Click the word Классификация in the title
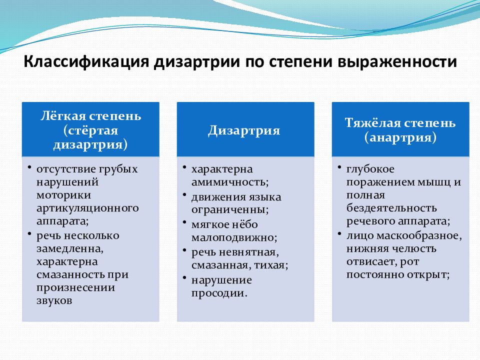pyautogui.click(x=86, y=62)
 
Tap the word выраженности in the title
pyautogui.click(x=397, y=62)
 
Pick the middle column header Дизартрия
pyautogui.click(x=244, y=130)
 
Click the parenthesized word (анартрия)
pyautogui.click(x=400, y=137)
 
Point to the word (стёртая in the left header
pyautogui.click(x=90, y=130)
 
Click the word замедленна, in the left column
pyautogui.click(x=70, y=248)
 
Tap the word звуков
pyautogui.click(x=54, y=300)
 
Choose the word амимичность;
pyautogui.click(x=230, y=182)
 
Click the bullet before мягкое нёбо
pyautogui.click(x=184, y=222)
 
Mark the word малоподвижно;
pyautogui.click(x=234, y=237)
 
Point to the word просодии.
pyautogui.click(x=219, y=293)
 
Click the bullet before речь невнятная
pyautogui.click(x=184, y=250)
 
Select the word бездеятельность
pyautogui.click(x=391, y=208)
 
